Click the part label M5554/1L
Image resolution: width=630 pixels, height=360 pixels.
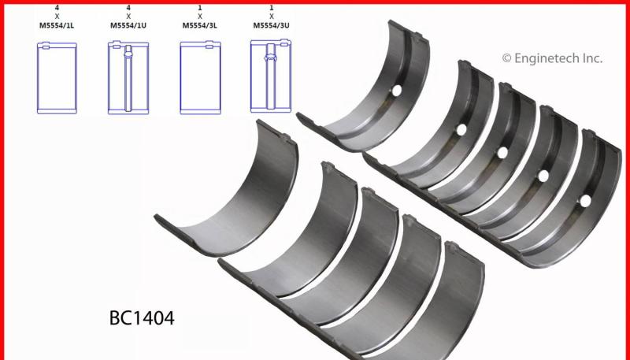pos(57,25)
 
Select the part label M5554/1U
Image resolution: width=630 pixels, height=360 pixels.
pos(128,25)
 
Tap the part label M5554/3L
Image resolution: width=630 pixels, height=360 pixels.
pos(200,25)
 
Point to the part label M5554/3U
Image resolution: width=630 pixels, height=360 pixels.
pos(271,25)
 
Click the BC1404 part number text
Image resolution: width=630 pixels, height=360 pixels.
pos(142,317)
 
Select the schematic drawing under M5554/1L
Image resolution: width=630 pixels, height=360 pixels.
pos(57,78)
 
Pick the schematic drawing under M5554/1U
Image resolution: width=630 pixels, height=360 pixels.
pos(128,77)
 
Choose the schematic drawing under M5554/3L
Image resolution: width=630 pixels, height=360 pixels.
pos(200,77)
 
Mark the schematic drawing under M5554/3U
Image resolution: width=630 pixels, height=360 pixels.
pos(271,76)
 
